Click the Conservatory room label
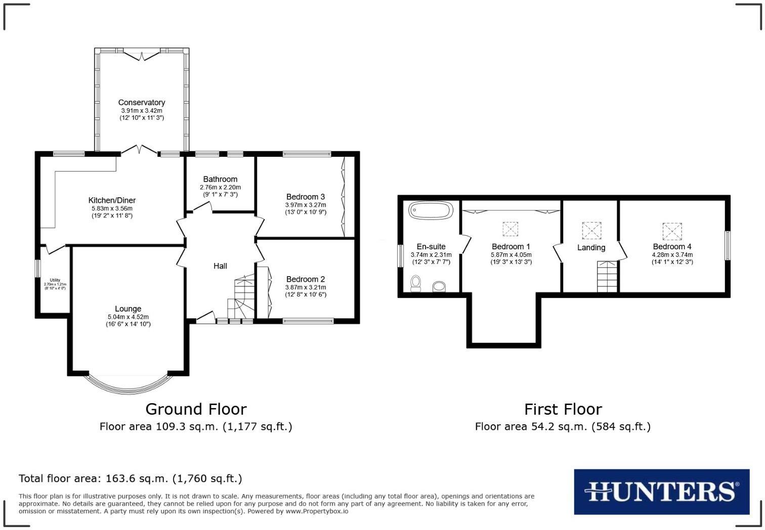tap(142, 103)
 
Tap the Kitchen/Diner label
tap(112, 200)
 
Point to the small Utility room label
tap(55, 280)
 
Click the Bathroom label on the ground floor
tap(220, 179)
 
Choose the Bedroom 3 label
tap(305, 197)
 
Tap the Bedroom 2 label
tap(305, 279)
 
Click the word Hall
tap(220, 266)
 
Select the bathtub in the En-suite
tap(430, 210)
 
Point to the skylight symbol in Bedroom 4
tap(672, 231)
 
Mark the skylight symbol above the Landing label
tap(591, 231)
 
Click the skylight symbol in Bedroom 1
tap(510, 229)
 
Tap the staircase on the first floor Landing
tap(608, 277)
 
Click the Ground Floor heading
tap(196, 409)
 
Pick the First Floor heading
tap(563, 409)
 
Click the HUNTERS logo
tap(661, 492)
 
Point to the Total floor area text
tap(130, 478)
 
